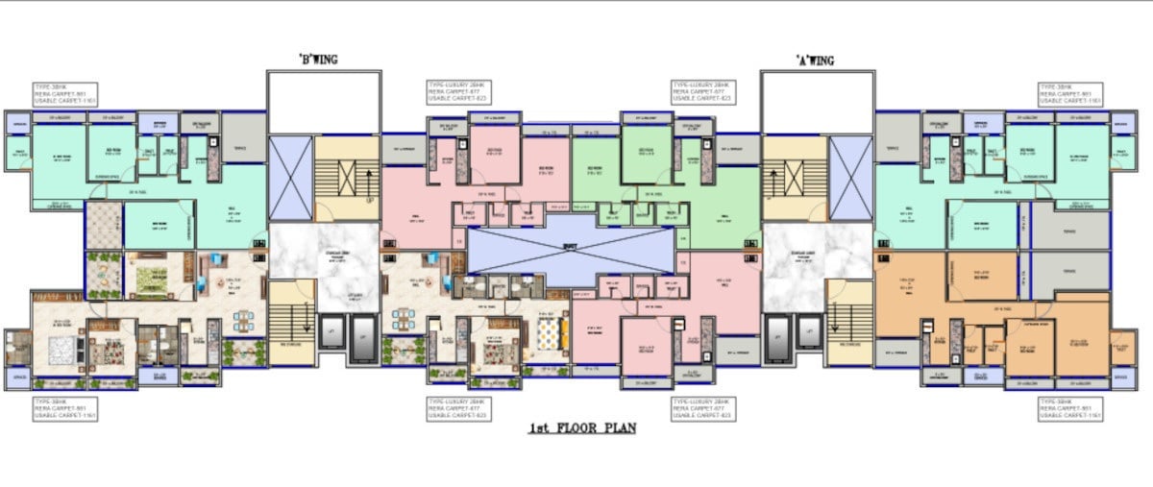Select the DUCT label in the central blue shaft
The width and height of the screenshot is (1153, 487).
click(x=569, y=246)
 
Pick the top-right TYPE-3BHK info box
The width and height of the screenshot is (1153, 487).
click(x=1070, y=93)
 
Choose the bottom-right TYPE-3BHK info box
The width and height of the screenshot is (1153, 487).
click(x=1070, y=408)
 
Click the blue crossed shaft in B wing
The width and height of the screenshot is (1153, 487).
click(x=289, y=177)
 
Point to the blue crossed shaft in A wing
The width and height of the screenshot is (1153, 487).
click(x=850, y=177)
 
